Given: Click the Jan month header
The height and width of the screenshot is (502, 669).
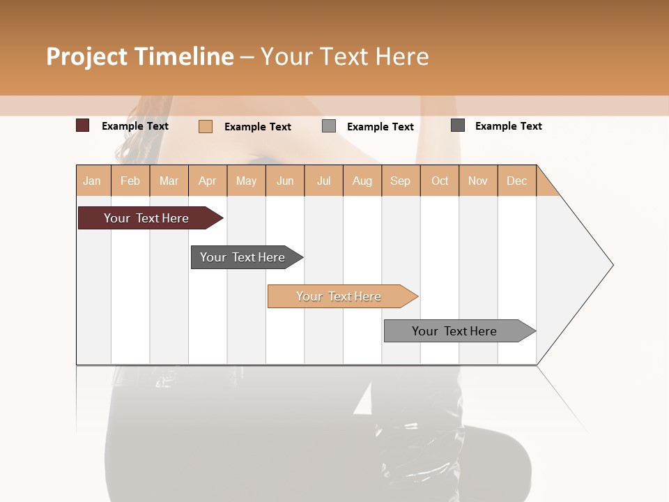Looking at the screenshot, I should click(92, 181).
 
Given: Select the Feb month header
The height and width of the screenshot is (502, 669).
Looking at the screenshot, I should click(130, 181).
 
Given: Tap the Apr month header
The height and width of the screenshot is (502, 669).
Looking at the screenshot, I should click(207, 181).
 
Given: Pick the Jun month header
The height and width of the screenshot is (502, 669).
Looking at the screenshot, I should click(285, 181).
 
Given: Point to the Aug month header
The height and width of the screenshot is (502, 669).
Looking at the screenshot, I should click(362, 181).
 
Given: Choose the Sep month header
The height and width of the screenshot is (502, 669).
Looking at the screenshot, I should click(400, 181).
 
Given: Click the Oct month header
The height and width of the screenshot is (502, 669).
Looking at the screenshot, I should click(440, 181).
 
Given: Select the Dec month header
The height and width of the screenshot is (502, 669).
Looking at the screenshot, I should click(516, 181).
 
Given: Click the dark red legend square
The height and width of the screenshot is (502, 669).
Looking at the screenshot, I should click(82, 125).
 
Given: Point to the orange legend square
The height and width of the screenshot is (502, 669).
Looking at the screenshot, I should click(205, 126).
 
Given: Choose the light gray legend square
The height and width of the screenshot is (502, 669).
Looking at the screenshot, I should click(329, 126).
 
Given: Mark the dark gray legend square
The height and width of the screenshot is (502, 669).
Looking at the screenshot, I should click(457, 125).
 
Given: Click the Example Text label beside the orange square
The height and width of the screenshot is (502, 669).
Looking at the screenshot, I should click(257, 127).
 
